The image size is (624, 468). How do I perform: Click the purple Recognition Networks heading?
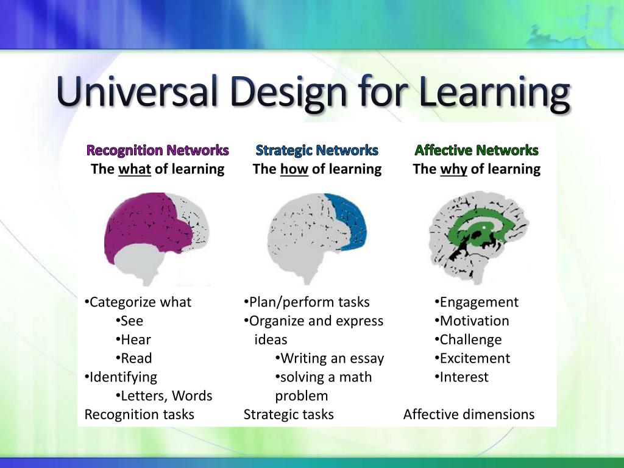(x=157, y=150)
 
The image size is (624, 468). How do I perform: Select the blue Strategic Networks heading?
(x=317, y=150)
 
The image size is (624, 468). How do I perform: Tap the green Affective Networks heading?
(x=477, y=150)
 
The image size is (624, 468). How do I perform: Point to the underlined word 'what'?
(x=135, y=169)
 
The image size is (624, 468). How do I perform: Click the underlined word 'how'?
(x=294, y=169)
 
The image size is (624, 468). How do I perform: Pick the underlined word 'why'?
(x=453, y=169)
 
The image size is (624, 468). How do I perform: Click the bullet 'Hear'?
(x=135, y=340)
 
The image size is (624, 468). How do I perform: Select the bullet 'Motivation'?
(x=474, y=321)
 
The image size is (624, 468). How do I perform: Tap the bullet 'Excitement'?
(x=475, y=358)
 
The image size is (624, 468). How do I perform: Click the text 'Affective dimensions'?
(x=469, y=415)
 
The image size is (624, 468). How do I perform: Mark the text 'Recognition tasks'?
(x=139, y=415)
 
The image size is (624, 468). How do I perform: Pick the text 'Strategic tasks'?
(x=289, y=415)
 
